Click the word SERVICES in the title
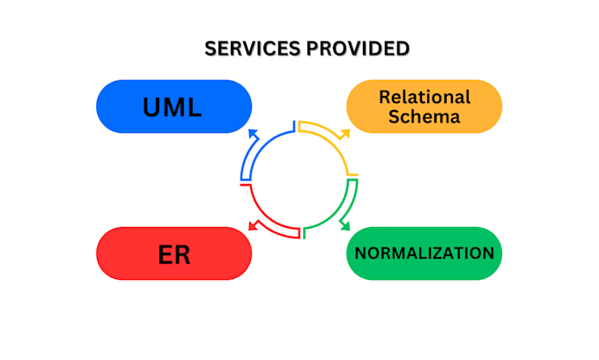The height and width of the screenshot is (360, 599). [x=249, y=49]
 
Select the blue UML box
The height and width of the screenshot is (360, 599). [x=174, y=107]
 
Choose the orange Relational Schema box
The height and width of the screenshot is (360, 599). [x=424, y=107]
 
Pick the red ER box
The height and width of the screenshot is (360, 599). [x=174, y=253]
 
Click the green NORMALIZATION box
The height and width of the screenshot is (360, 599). [x=424, y=253]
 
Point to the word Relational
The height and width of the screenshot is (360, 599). [x=425, y=97]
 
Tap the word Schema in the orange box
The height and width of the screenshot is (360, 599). [x=425, y=117]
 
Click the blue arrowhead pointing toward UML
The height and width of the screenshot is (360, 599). [x=254, y=133]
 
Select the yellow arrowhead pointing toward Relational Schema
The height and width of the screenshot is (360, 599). [x=344, y=133]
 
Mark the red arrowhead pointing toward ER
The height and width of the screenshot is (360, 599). [x=254, y=226]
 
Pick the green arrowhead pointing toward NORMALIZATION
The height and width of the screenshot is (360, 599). [x=344, y=226]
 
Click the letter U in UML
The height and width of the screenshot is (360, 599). [x=152, y=107]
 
